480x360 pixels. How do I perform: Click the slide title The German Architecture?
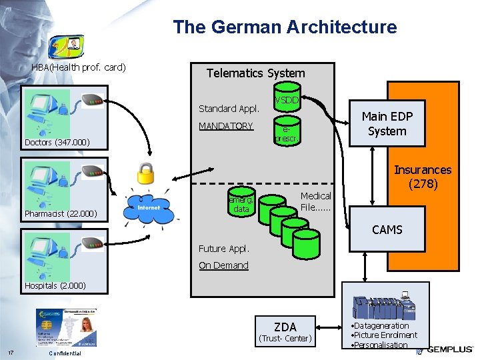click(285, 27)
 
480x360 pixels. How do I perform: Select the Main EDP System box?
click(387, 123)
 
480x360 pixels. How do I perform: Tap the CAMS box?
click(387, 229)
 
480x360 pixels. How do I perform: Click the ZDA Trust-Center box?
click(285, 331)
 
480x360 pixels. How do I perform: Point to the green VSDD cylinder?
click(287, 97)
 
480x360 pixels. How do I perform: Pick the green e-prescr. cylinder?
click(287, 133)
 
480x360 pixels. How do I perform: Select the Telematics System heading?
click(255, 73)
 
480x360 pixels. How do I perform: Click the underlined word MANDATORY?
click(226, 126)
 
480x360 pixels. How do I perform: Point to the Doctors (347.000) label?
click(57, 143)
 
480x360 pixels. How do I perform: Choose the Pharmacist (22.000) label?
click(61, 214)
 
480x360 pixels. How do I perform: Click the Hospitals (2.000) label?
click(55, 285)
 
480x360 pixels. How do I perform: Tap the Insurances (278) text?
click(422, 177)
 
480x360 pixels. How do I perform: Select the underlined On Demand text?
click(223, 265)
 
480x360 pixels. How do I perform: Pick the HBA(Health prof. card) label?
click(79, 67)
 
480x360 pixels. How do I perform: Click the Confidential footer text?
click(65, 353)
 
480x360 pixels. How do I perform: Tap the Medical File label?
click(315, 201)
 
